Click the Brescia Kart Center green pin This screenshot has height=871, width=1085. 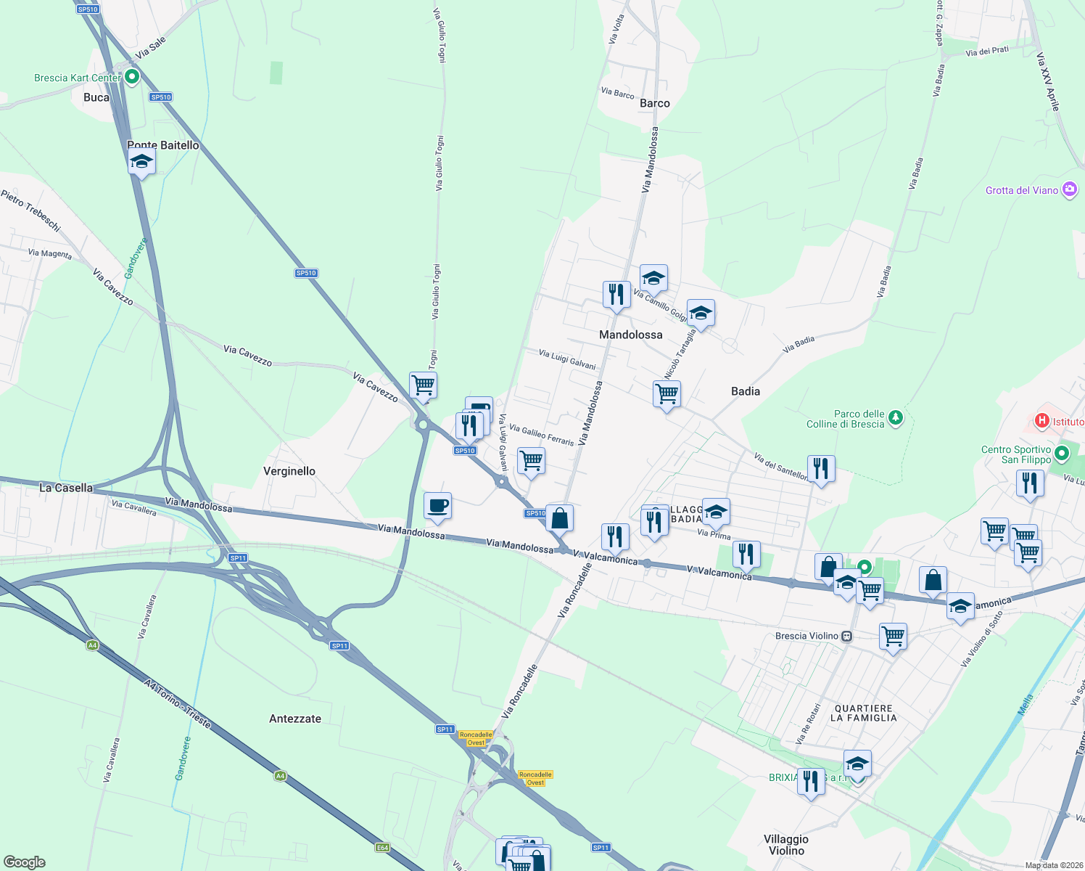(132, 76)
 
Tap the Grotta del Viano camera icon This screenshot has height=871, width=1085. (1069, 190)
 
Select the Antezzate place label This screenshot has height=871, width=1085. (295, 719)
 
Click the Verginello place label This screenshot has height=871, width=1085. (289, 471)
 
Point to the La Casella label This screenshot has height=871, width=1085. (66, 488)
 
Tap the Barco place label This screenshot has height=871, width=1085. (655, 103)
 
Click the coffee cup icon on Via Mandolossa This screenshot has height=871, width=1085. (437, 505)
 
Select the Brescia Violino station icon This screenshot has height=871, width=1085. (846, 636)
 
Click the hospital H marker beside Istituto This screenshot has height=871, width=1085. (1042, 420)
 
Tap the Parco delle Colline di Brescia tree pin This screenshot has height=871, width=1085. (896, 417)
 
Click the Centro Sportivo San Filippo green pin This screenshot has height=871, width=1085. (1062, 454)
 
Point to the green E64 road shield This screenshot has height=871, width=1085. (382, 847)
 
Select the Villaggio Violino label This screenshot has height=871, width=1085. (786, 845)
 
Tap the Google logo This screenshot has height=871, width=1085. (25, 862)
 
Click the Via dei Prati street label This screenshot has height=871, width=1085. (987, 51)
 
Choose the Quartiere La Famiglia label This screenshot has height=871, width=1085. (863, 713)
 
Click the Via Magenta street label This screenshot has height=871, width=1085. (50, 253)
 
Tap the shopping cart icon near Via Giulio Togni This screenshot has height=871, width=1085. (423, 385)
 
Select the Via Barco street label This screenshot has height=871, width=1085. (617, 93)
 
